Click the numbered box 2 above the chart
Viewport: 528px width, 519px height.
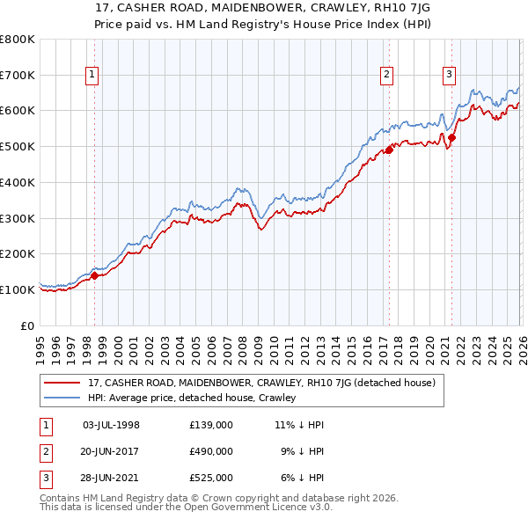coord(386,76)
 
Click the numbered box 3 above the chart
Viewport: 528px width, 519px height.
coord(449,76)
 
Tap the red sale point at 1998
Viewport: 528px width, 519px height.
coord(95,275)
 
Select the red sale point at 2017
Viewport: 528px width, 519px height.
coord(388,150)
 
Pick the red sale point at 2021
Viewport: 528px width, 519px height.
coord(451,137)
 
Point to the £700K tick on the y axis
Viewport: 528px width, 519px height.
coord(18,76)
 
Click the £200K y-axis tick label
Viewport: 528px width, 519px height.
coord(18,254)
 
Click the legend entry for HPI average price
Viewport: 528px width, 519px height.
coord(192,398)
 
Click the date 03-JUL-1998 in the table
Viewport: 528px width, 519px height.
coord(111,425)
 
